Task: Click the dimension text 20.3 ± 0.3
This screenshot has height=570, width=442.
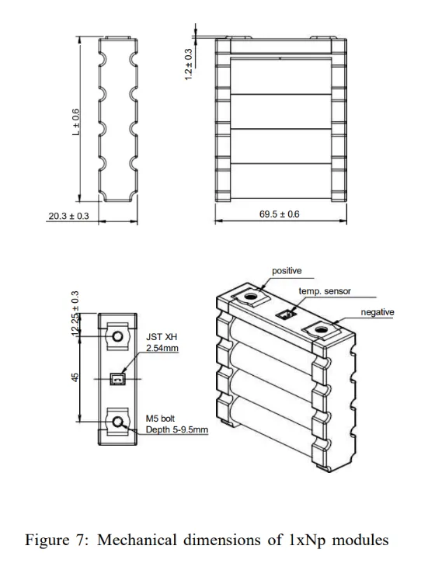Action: [68, 215]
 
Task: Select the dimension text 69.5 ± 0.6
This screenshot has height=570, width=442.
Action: [279, 214]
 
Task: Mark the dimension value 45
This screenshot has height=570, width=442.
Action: [75, 377]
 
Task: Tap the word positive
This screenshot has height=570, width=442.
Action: [287, 271]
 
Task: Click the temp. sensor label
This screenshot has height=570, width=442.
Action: [324, 291]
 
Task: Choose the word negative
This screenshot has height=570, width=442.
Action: [377, 312]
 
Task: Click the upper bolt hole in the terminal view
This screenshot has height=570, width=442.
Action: [118, 336]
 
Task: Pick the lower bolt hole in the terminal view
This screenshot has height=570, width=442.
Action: [118, 421]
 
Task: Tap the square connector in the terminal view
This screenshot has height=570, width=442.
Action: [118, 379]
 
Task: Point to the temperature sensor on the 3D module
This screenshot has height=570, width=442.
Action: [286, 314]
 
